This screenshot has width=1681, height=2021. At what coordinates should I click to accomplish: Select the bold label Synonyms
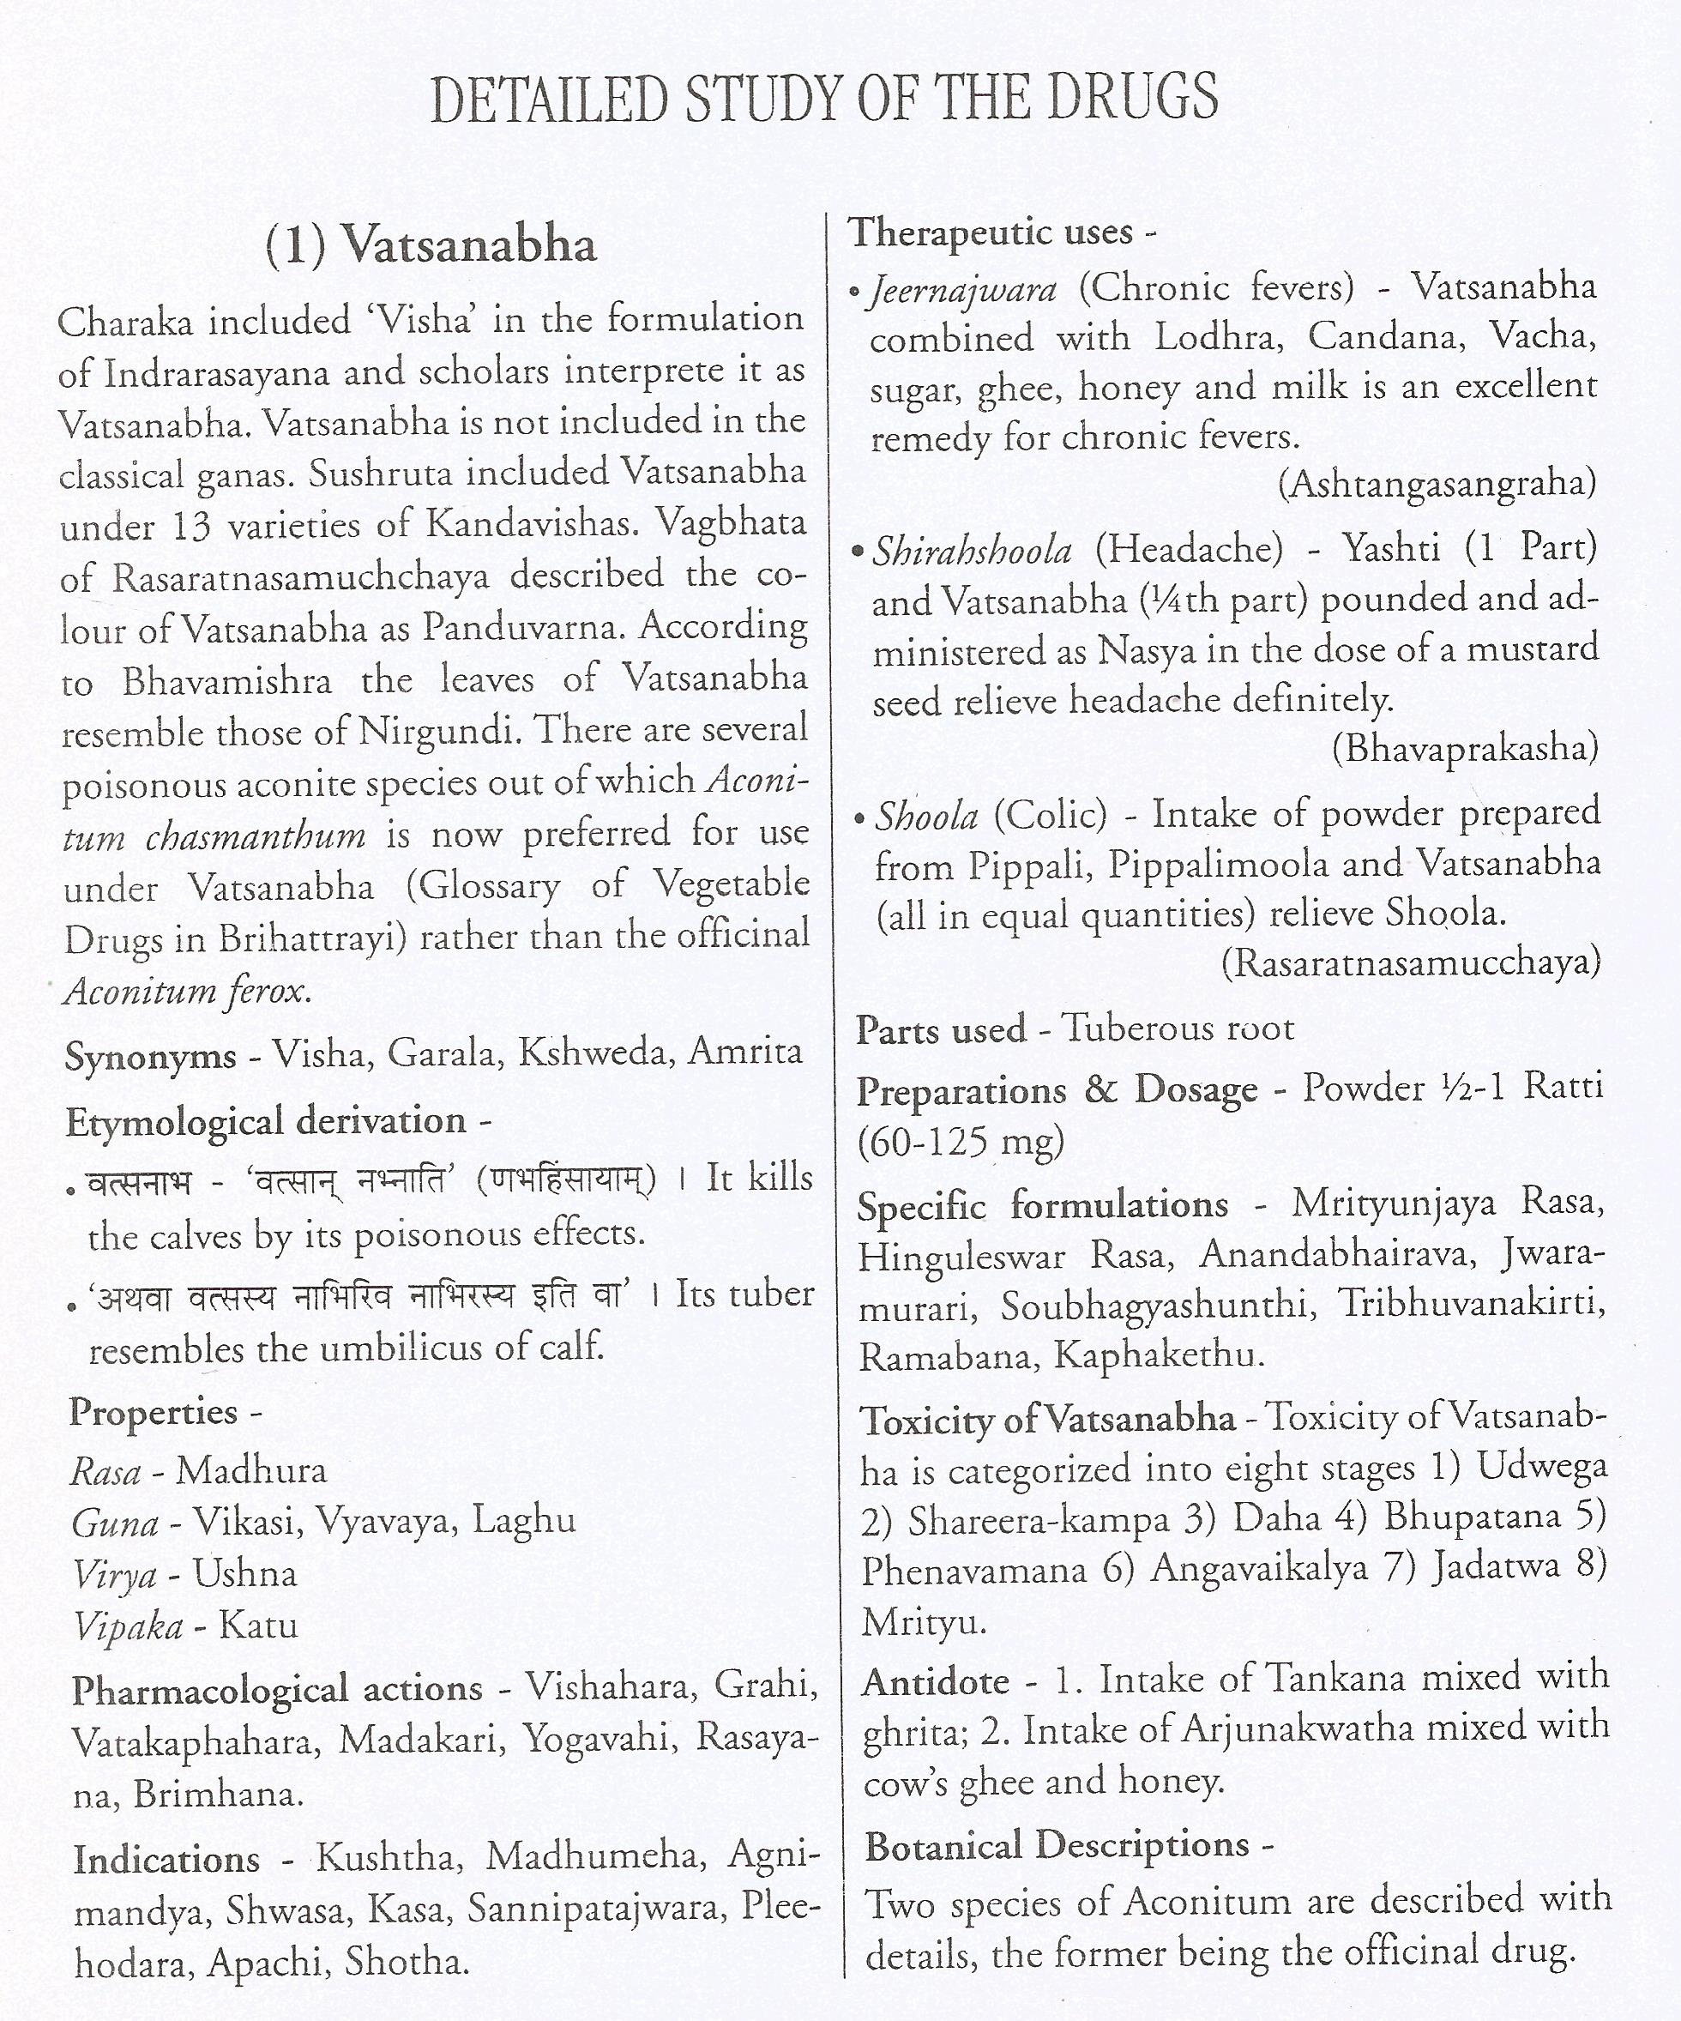coord(150,1057)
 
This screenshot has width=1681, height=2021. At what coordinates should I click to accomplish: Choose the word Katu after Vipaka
coord(258,1626)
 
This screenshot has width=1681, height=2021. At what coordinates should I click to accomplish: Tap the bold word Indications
coord(166,1860)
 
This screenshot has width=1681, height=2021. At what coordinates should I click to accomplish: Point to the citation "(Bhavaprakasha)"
coord(1465,748)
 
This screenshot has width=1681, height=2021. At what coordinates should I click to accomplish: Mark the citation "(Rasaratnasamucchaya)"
coord(1410,962)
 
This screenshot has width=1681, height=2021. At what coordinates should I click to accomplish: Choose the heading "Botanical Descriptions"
coord(1057,1846)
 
